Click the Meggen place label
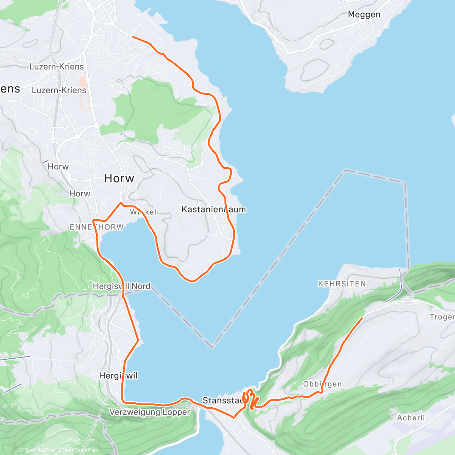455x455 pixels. [x=364, y=15]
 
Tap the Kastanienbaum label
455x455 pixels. [x=213, y=209]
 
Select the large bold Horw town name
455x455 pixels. [x=119, y=178]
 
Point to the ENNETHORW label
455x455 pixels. [x=97, y=227]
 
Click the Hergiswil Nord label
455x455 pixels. [x=121, y=286]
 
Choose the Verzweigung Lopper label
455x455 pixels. [x=150, y=412]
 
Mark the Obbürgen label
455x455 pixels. [x=322, y=384]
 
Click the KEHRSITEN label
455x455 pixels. [x=342, y=284]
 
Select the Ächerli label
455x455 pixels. [x=411, y=418]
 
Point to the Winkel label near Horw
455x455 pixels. [x=143, y=212]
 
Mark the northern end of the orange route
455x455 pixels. [x=132, y=37]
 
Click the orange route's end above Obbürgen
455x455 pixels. [x=362, y=318]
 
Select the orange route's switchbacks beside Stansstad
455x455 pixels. [x=250, y=399]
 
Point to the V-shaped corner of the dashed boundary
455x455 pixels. [x=213, y=346]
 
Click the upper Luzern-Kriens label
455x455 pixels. [x=57, y=67]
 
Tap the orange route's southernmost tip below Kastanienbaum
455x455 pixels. [x=192, y=281]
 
